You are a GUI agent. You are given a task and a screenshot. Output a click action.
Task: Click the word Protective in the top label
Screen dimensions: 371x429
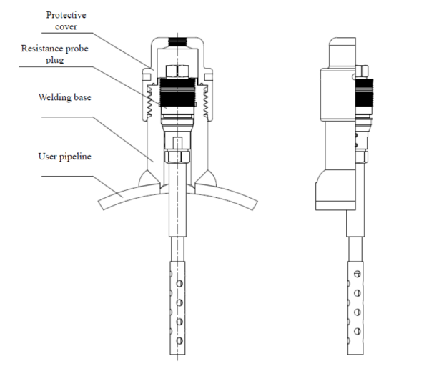[65, 14]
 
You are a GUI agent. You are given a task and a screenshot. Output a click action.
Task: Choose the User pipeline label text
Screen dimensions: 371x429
[65, 155]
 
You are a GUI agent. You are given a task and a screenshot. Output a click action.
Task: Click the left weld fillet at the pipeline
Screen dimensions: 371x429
[149, 174]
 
